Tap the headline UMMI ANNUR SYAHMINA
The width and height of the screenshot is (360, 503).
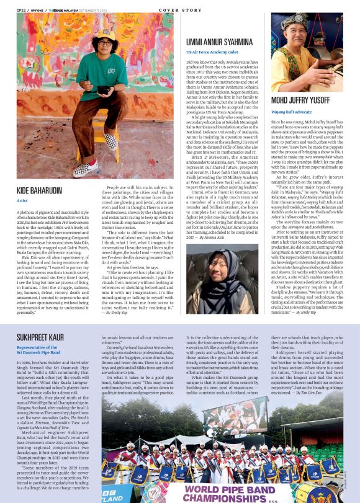pyautogui.click(x=223, y=42)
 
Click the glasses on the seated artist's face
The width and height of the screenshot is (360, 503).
pyautogui.click(x=106, y=43)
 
